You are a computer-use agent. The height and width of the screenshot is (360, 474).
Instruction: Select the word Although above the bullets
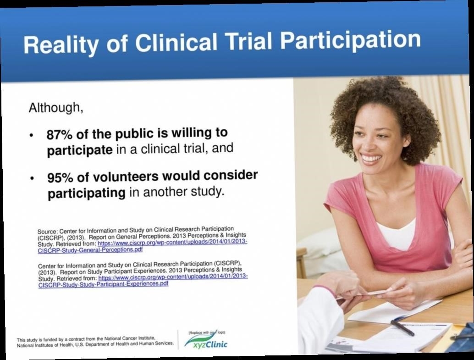(56, 107)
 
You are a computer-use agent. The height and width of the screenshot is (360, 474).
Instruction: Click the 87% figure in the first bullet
(59, 135)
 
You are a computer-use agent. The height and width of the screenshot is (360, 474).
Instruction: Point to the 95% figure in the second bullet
(60, 178)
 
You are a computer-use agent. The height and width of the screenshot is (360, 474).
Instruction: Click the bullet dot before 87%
(32, 135)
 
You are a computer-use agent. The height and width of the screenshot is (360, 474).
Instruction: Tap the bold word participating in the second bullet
(87, 193)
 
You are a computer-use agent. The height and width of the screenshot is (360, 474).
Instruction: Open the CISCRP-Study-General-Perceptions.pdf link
(90, 250)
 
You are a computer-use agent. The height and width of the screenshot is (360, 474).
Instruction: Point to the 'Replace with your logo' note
(207, 332)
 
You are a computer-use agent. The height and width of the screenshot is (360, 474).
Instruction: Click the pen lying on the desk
(402, 328)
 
